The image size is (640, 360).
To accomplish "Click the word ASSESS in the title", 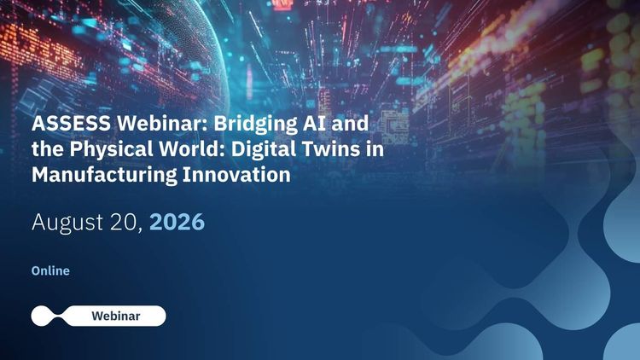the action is [71, 123].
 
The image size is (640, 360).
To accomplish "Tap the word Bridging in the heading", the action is [256, 125].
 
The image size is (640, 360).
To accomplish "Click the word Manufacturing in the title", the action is [104, 176].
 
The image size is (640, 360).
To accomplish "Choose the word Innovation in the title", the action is [236, 174].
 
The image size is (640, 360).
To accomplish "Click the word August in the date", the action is [67, 223].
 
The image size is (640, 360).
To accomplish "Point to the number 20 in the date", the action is [124, 222].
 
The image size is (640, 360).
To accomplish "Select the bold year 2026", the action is [177, 222].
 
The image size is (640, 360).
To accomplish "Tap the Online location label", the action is [50, 270].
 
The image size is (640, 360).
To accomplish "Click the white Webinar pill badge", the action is [98, 316].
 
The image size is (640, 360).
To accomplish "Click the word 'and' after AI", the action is [350, 123].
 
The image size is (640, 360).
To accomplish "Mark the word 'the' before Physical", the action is [48, 148].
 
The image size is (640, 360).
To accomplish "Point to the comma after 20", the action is [141, 229].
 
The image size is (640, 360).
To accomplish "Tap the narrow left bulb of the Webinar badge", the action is [42, 316].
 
